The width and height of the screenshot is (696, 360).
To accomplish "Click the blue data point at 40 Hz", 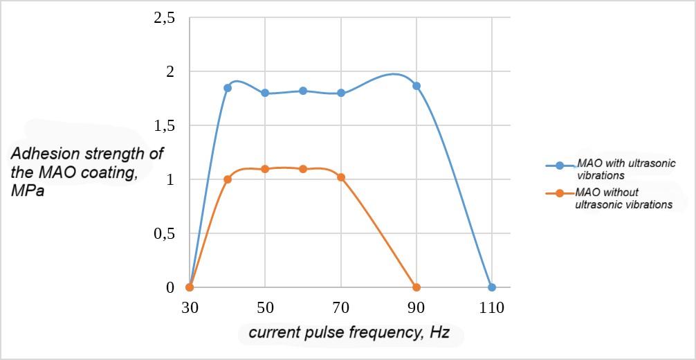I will click(227, 88).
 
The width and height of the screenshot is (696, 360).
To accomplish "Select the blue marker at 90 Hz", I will click(416, 86).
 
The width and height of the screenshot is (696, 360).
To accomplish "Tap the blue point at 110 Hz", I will click(492, 287).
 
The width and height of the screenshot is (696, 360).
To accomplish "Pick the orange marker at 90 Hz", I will click(416, 287).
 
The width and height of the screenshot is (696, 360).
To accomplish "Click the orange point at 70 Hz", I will click(341, 177).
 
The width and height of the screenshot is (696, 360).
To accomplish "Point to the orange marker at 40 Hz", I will click(227, 179).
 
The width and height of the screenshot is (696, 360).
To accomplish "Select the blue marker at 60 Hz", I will click(303, 91).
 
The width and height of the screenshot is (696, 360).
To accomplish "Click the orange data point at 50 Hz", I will click(265, 169).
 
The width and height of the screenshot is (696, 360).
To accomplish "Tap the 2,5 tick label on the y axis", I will click(163, 18).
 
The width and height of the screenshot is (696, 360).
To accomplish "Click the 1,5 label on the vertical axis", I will click(163, 125).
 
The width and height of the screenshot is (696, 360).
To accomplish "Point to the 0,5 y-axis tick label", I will click(163, 233).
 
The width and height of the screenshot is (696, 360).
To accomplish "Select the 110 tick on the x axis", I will click(492, 306).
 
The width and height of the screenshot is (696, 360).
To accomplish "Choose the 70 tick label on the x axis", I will click(341, 306).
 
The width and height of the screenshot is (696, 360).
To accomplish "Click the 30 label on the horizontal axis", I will click(190, 306).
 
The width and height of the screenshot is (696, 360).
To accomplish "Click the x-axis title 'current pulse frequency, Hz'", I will click(349, 334).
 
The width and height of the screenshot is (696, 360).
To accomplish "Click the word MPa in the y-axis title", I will click(28, 191).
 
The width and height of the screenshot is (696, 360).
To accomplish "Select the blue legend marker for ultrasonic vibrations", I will click(560, 165).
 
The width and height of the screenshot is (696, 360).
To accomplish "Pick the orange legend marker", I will click(560, 193).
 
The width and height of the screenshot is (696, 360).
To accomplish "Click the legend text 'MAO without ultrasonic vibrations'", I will click(623, 198).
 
